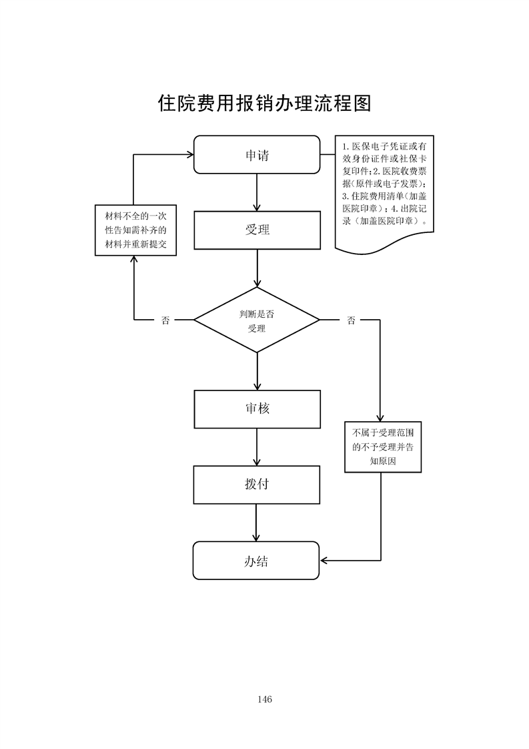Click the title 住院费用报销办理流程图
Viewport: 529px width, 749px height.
264,103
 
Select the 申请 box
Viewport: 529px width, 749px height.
257,155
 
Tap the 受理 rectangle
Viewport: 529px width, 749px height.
257,230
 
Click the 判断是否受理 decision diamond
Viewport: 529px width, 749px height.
257,320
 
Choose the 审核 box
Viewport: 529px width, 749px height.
257,409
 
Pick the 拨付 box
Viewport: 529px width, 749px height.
257,484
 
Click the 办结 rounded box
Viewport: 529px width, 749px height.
257,560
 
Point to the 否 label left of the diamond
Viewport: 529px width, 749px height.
165,320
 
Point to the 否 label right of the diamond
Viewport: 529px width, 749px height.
351,320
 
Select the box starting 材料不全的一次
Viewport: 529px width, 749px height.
135,230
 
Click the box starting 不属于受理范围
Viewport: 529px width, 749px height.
383,447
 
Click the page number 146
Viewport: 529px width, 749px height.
264,700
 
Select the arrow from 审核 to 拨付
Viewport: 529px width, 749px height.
257,447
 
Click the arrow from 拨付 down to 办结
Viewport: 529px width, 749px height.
257,523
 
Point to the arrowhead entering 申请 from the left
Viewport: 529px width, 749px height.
189,155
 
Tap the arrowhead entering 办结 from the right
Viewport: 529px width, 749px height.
324,560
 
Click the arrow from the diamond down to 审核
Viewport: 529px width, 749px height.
257,371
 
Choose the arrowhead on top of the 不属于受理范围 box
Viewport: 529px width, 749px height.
380,417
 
